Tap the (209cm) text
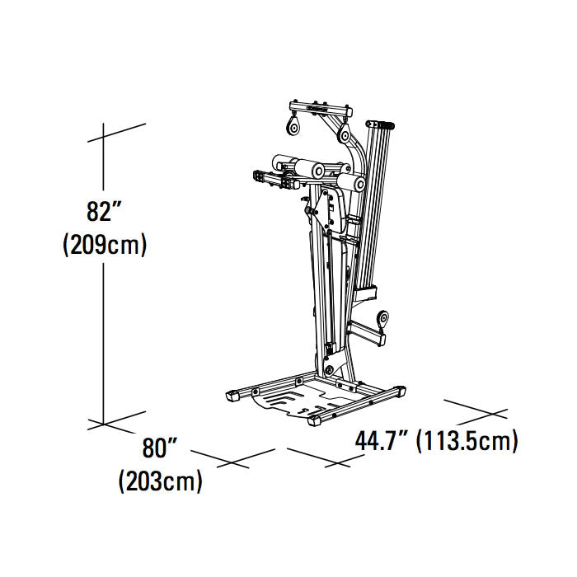105,245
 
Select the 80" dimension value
160,449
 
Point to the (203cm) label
160,481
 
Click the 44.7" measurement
382,441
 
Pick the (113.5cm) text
467,441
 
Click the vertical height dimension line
104,330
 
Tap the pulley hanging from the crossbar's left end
293,125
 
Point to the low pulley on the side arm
382,319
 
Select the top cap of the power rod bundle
380,124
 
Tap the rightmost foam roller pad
352,181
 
